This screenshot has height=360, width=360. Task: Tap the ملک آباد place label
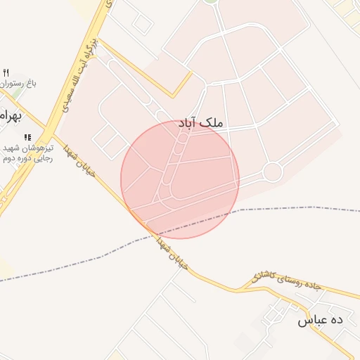click(x=201, y=123)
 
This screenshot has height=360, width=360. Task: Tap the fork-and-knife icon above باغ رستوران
click(x=6, y=72)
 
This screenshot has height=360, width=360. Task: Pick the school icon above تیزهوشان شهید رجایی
click(x=27, y=137)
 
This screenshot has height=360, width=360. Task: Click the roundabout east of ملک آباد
click(x=272, y=172)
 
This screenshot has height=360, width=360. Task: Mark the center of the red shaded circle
click(x=180, y=179)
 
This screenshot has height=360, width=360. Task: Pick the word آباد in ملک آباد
click(x=189, y=123)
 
